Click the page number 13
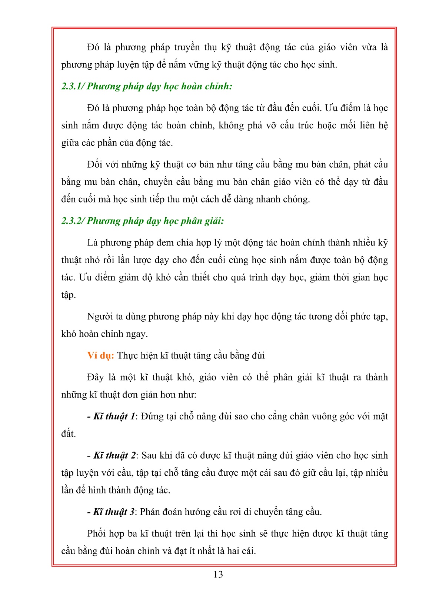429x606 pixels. tap(218, 575)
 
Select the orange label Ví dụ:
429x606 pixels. tap(101, 356)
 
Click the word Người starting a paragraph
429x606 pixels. tap(100, 317)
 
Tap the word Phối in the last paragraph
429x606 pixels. tap(97, 534)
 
